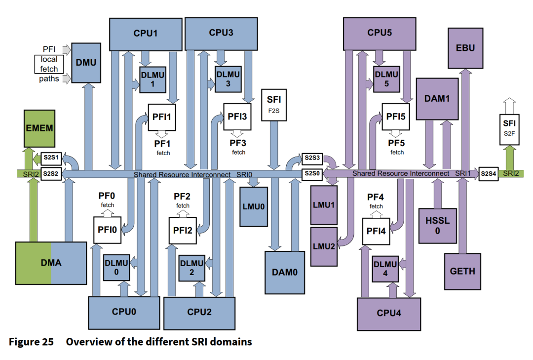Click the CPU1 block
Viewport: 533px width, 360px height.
pyautogui.click(x=145, y=34)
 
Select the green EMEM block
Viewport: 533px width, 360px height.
pyautogui.click(x=39, y=129)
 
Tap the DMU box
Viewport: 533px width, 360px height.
pyautogui.click(x=86, y=63)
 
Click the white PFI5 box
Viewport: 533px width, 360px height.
pyautogui.click(x=396, y=117)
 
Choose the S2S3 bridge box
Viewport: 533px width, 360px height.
pyautogui.click(x=312, y=158)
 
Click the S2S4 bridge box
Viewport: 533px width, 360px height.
pyautogui.click(x=489, y=173)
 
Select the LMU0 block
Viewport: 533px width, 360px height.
pyautogui.click(x=254, y=203)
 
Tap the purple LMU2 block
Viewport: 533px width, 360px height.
pyautogui.click(x=324, y=244)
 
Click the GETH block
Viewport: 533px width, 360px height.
pyautogui.click(x=462, y=271)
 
